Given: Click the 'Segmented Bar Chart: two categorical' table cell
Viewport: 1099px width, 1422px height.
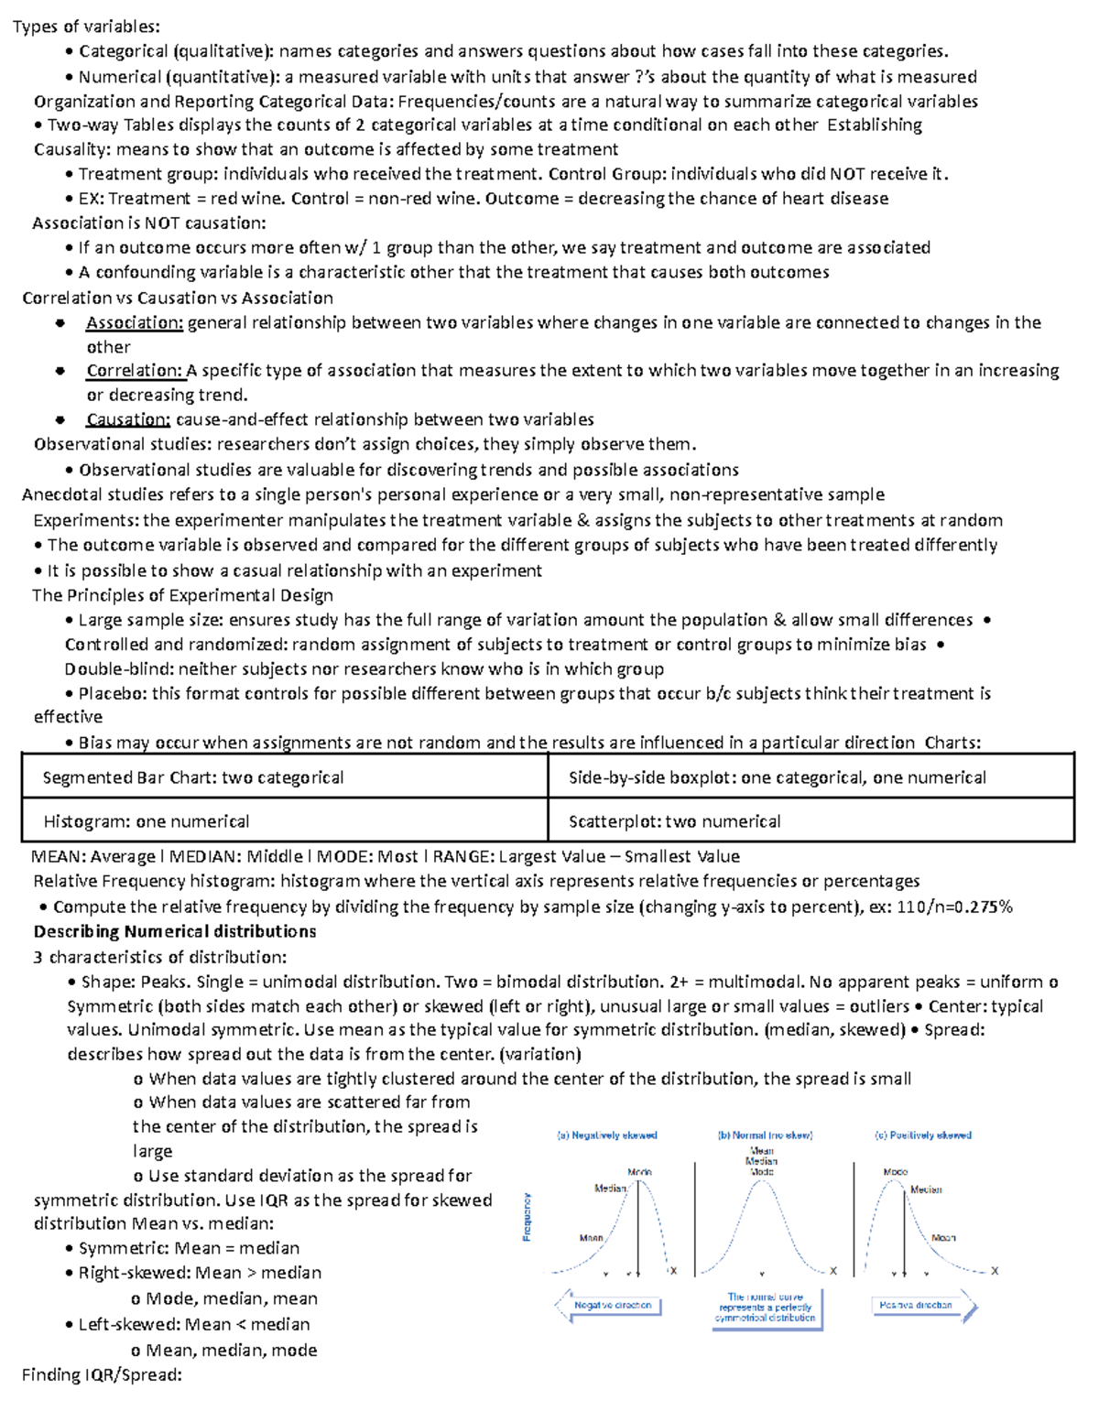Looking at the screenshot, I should click(193, 777).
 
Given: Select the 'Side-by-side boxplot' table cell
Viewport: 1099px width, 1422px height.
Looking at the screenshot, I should click(777, 777).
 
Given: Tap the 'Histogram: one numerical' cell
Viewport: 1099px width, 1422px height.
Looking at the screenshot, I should click(147, 821).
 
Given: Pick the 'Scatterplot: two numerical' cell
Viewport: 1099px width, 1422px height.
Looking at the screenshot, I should click(674, 821).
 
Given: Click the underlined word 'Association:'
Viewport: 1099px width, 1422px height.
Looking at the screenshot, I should click(135, 322).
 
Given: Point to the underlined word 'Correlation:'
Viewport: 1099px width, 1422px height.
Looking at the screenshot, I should click(135, 371).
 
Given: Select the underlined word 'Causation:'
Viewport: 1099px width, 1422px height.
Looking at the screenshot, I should click(128, 419).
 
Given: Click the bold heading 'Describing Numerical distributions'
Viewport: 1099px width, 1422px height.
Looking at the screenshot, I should click(175, 931).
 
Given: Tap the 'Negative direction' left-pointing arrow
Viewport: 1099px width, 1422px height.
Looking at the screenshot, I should click(608, 1305).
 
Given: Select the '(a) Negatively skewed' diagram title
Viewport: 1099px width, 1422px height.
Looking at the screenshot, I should click(607, 1135).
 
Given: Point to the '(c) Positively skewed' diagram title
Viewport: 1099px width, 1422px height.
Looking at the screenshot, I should click(923, 1135).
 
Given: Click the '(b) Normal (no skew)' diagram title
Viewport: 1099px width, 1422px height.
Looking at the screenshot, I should click(765, 1135).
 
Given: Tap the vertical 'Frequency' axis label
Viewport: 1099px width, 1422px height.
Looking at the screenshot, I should click(527, 1216).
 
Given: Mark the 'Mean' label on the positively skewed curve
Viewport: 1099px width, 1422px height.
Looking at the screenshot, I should click(943, 1237).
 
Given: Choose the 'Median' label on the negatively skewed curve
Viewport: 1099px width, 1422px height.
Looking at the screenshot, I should click(610, 1189).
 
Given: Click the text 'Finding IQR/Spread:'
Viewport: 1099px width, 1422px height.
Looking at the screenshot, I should click(102, 1374).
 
